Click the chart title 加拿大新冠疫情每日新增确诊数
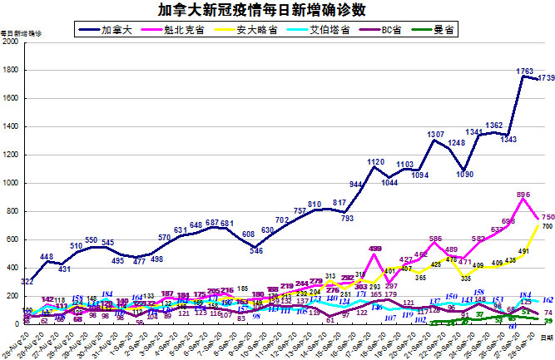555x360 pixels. [x=277, y=10]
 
